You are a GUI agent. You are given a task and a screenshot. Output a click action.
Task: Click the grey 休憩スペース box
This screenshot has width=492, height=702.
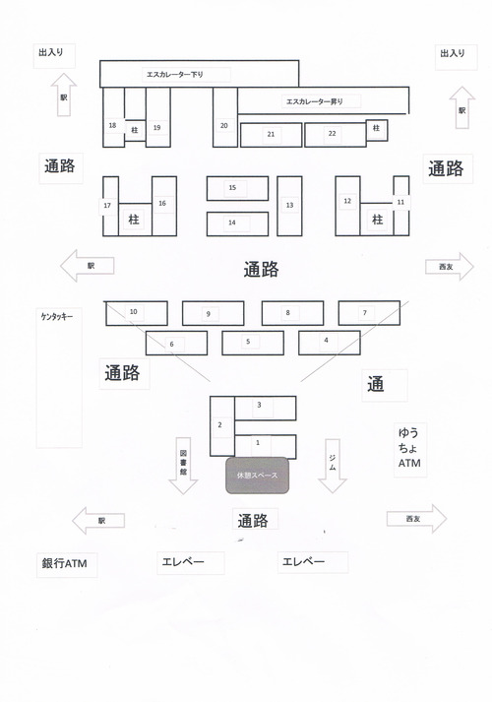point(257,476)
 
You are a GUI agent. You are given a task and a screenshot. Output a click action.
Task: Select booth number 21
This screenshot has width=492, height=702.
point(271,135)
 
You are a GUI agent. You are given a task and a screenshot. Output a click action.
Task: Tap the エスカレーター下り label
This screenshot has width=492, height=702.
point(175,74)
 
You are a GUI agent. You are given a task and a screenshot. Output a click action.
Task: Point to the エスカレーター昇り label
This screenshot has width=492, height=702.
point(315,101)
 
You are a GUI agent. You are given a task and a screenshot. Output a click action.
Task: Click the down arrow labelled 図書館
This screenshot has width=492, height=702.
point(183,466)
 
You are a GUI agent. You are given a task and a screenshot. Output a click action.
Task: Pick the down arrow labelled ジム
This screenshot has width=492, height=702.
point(333,466)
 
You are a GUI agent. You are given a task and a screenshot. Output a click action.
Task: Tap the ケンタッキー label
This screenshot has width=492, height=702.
point(57,317)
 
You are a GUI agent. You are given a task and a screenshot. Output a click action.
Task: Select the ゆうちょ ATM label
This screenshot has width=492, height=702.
point(409,448)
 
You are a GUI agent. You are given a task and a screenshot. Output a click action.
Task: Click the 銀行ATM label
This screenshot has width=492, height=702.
point(64,563)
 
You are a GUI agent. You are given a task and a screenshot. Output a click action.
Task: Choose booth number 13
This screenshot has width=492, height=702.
point(289,206)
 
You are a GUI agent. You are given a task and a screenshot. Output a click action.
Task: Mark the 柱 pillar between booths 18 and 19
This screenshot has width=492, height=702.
point(135,131)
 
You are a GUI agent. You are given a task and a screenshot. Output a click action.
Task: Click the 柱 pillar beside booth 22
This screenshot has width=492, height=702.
point(377,130)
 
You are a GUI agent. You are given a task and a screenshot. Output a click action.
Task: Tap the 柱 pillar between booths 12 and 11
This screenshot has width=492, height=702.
point(377,220)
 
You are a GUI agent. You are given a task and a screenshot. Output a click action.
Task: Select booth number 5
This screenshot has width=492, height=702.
point(253,343)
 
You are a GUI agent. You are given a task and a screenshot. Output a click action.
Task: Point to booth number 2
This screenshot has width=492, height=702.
point(222,425)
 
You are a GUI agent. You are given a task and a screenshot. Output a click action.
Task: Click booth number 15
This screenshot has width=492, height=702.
point(237,188)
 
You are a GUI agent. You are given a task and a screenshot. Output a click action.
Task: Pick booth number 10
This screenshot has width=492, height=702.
point(137,313)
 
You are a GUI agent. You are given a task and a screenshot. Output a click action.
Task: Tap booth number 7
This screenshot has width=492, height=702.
point(369,313)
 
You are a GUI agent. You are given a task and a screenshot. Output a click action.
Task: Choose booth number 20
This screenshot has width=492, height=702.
point(225,117)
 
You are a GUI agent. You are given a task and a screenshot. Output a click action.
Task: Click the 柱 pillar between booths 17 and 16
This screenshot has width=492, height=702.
point(135,220)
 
